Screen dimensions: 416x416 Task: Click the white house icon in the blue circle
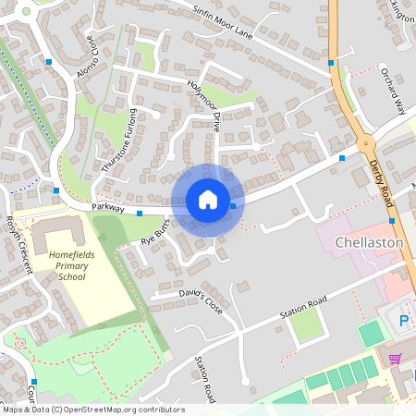(x=207, y=200)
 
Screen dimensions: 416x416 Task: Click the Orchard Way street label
(x=394, y=90)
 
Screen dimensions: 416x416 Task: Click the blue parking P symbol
(x=404, y=321)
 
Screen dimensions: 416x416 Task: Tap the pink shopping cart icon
(x=396, y=359)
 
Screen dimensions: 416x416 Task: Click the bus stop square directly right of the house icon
(x=233, y=205)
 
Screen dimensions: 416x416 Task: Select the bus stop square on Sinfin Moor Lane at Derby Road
(x=331, y=63)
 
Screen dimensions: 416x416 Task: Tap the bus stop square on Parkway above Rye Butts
(x=140, y=214)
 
